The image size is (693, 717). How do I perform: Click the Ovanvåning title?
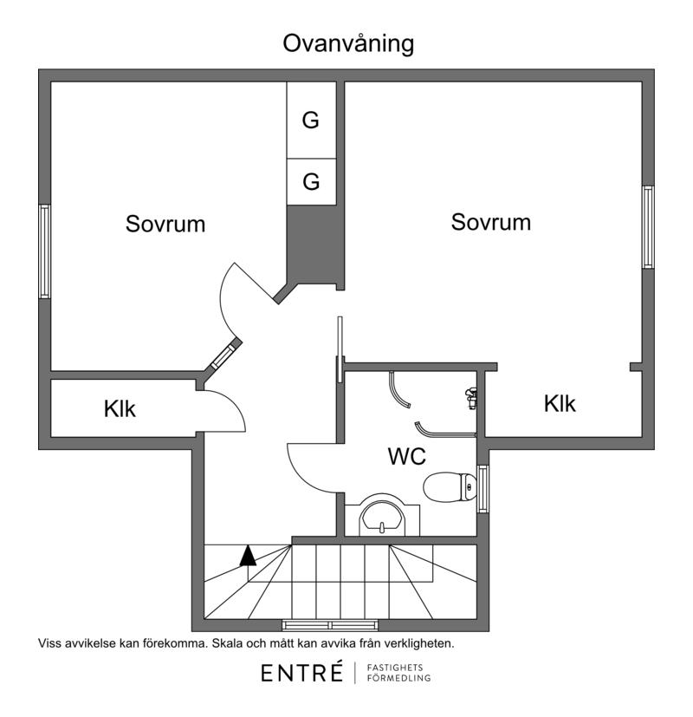pyautogui.click(x=348, y=44)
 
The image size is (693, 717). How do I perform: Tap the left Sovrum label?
pyautogui.click(x=165, y=224)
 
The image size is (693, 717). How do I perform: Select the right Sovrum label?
pyautogui.click(x=491, y=222)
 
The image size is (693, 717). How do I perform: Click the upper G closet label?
pyautogui.click(x=311, y=121)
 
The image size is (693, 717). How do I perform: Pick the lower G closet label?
pyautogui.click(x=311, y=182)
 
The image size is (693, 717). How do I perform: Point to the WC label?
pyautogui.click(x=405, y=456)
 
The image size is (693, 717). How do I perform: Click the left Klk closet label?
pyautogui.click(x=120, y=409)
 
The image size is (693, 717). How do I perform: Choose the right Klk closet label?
pyautogui.click(x=560, y=403)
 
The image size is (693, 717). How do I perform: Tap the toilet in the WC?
pyautogui.click(x=450, y=486)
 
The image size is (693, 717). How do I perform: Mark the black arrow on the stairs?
pyautogui.click(x=249, y=556)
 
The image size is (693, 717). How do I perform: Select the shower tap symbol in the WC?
pyautogui.click(x=470, y=398)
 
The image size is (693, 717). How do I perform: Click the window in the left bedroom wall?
pyautogui.click(x=44, y=251)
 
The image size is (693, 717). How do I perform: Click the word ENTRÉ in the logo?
pyautogui.click(x=302, y=673)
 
